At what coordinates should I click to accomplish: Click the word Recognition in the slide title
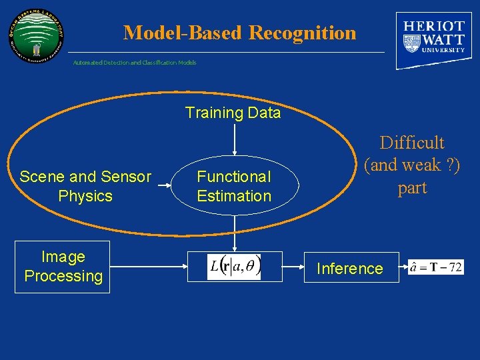[302, 32]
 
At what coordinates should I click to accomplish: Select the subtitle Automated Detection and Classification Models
[135, 63]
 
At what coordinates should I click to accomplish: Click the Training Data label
[233, 113]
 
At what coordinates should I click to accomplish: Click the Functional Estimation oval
[234, 186]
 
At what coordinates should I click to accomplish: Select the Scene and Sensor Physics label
[85, 186]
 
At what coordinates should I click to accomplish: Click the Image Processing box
[63, 267]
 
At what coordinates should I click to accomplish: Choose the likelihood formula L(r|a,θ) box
[234, 267]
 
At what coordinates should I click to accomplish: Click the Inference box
[350, 268]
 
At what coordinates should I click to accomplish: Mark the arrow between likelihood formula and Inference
[283, 267]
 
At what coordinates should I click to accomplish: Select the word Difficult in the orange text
[412, 143]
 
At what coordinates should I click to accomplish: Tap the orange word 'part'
[412, 188]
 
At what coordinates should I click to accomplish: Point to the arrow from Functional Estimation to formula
[234, 233]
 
